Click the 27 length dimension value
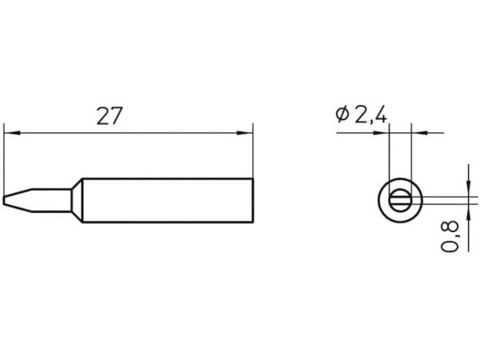click(x=110, y=116)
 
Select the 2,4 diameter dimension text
click(x=370, y=114)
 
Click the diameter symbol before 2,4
click(x=342, y=114)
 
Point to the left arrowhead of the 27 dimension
click(x=12, y=133)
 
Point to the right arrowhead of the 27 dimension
click(x=245, y=133)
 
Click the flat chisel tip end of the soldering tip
click(x=4, y=200)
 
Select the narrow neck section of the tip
click(x=51, y=200)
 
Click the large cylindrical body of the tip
click(x=168, y=200)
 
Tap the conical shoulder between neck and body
click(x=77, y=200)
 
